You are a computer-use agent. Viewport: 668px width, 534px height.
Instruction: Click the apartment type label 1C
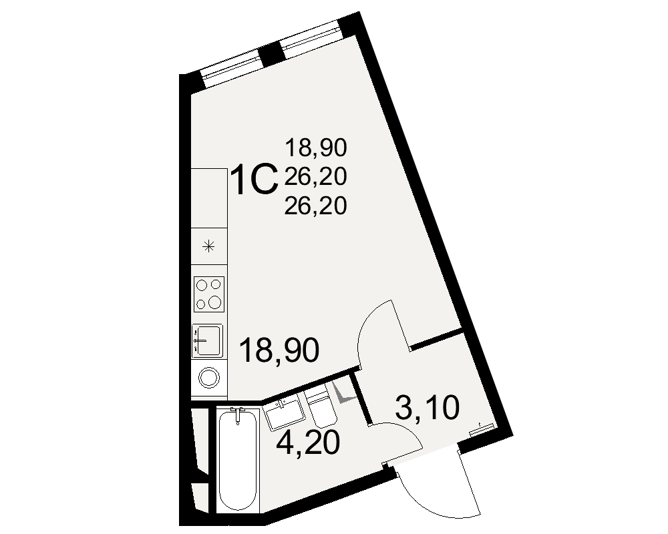click(254, 180)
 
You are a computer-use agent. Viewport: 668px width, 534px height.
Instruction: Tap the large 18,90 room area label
click(279, 350)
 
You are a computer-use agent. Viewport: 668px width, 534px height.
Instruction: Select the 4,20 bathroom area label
click(308, 442)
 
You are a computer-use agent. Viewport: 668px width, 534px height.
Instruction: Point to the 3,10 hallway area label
click(428, 407)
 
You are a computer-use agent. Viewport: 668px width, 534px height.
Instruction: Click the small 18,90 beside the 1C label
click(316, 148)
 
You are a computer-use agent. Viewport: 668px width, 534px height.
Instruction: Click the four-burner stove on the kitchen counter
click(208, 294)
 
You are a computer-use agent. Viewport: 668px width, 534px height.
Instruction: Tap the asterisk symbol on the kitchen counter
click(208, 246)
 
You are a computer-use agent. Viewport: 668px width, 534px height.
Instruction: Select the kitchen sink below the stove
click(208, 340)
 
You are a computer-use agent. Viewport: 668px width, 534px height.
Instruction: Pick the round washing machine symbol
click(209, 377)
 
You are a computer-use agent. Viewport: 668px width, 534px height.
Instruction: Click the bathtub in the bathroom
click(238, 460)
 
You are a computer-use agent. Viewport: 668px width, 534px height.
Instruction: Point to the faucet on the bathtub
click(238, 415)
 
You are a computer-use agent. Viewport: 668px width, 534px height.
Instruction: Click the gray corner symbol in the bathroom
click(343, 393)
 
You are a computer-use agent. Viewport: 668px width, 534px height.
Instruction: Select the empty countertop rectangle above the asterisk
click(208, 198)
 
